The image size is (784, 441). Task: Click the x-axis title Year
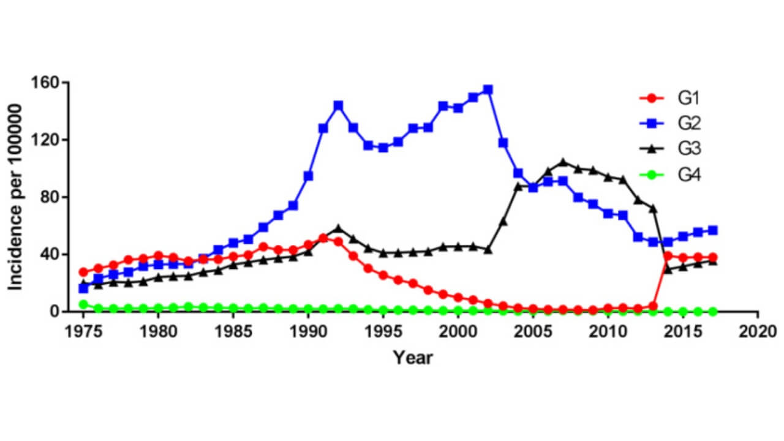(413, 357)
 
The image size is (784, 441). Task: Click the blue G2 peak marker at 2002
(488, 89)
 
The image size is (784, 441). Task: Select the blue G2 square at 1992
(338, 105)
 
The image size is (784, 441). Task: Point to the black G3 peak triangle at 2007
(563, 162)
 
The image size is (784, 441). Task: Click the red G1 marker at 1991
(323, 238)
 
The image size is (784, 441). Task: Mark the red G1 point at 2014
(668, 256)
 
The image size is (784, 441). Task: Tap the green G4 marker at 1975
(83, 304)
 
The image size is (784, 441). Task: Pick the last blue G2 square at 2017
(713, 230)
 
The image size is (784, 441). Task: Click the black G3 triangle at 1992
(338, 228)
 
